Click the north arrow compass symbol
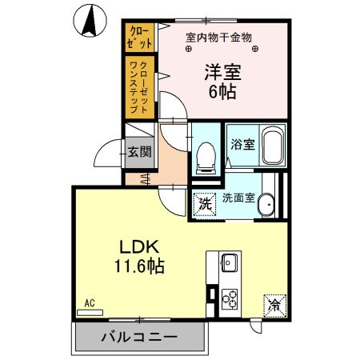click(90, 20)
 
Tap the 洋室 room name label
click(222, 71)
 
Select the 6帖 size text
click(222, 91)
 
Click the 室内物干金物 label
click(218, 36)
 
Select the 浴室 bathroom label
click(242, 146)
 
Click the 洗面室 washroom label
click(238, 198)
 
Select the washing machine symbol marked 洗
click(205, 203)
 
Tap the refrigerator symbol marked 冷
click(274, 304)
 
